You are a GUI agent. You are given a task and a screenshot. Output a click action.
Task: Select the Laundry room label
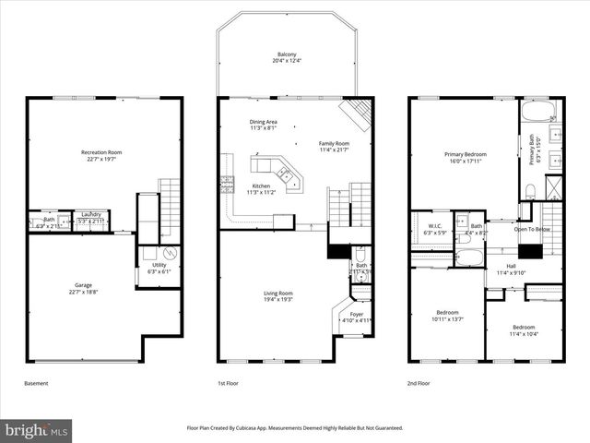[x=89, y=218]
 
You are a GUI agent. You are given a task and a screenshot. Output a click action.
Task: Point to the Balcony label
[x=286, y=58]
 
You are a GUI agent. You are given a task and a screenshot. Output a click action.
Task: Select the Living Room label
[x=278, y=296]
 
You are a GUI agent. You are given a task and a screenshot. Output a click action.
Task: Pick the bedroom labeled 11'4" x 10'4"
[x=523, y=330]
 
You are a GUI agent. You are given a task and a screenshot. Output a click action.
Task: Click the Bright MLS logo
[x=37, y=429]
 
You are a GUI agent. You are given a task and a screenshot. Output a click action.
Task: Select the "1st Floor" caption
[x=229, y=383]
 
